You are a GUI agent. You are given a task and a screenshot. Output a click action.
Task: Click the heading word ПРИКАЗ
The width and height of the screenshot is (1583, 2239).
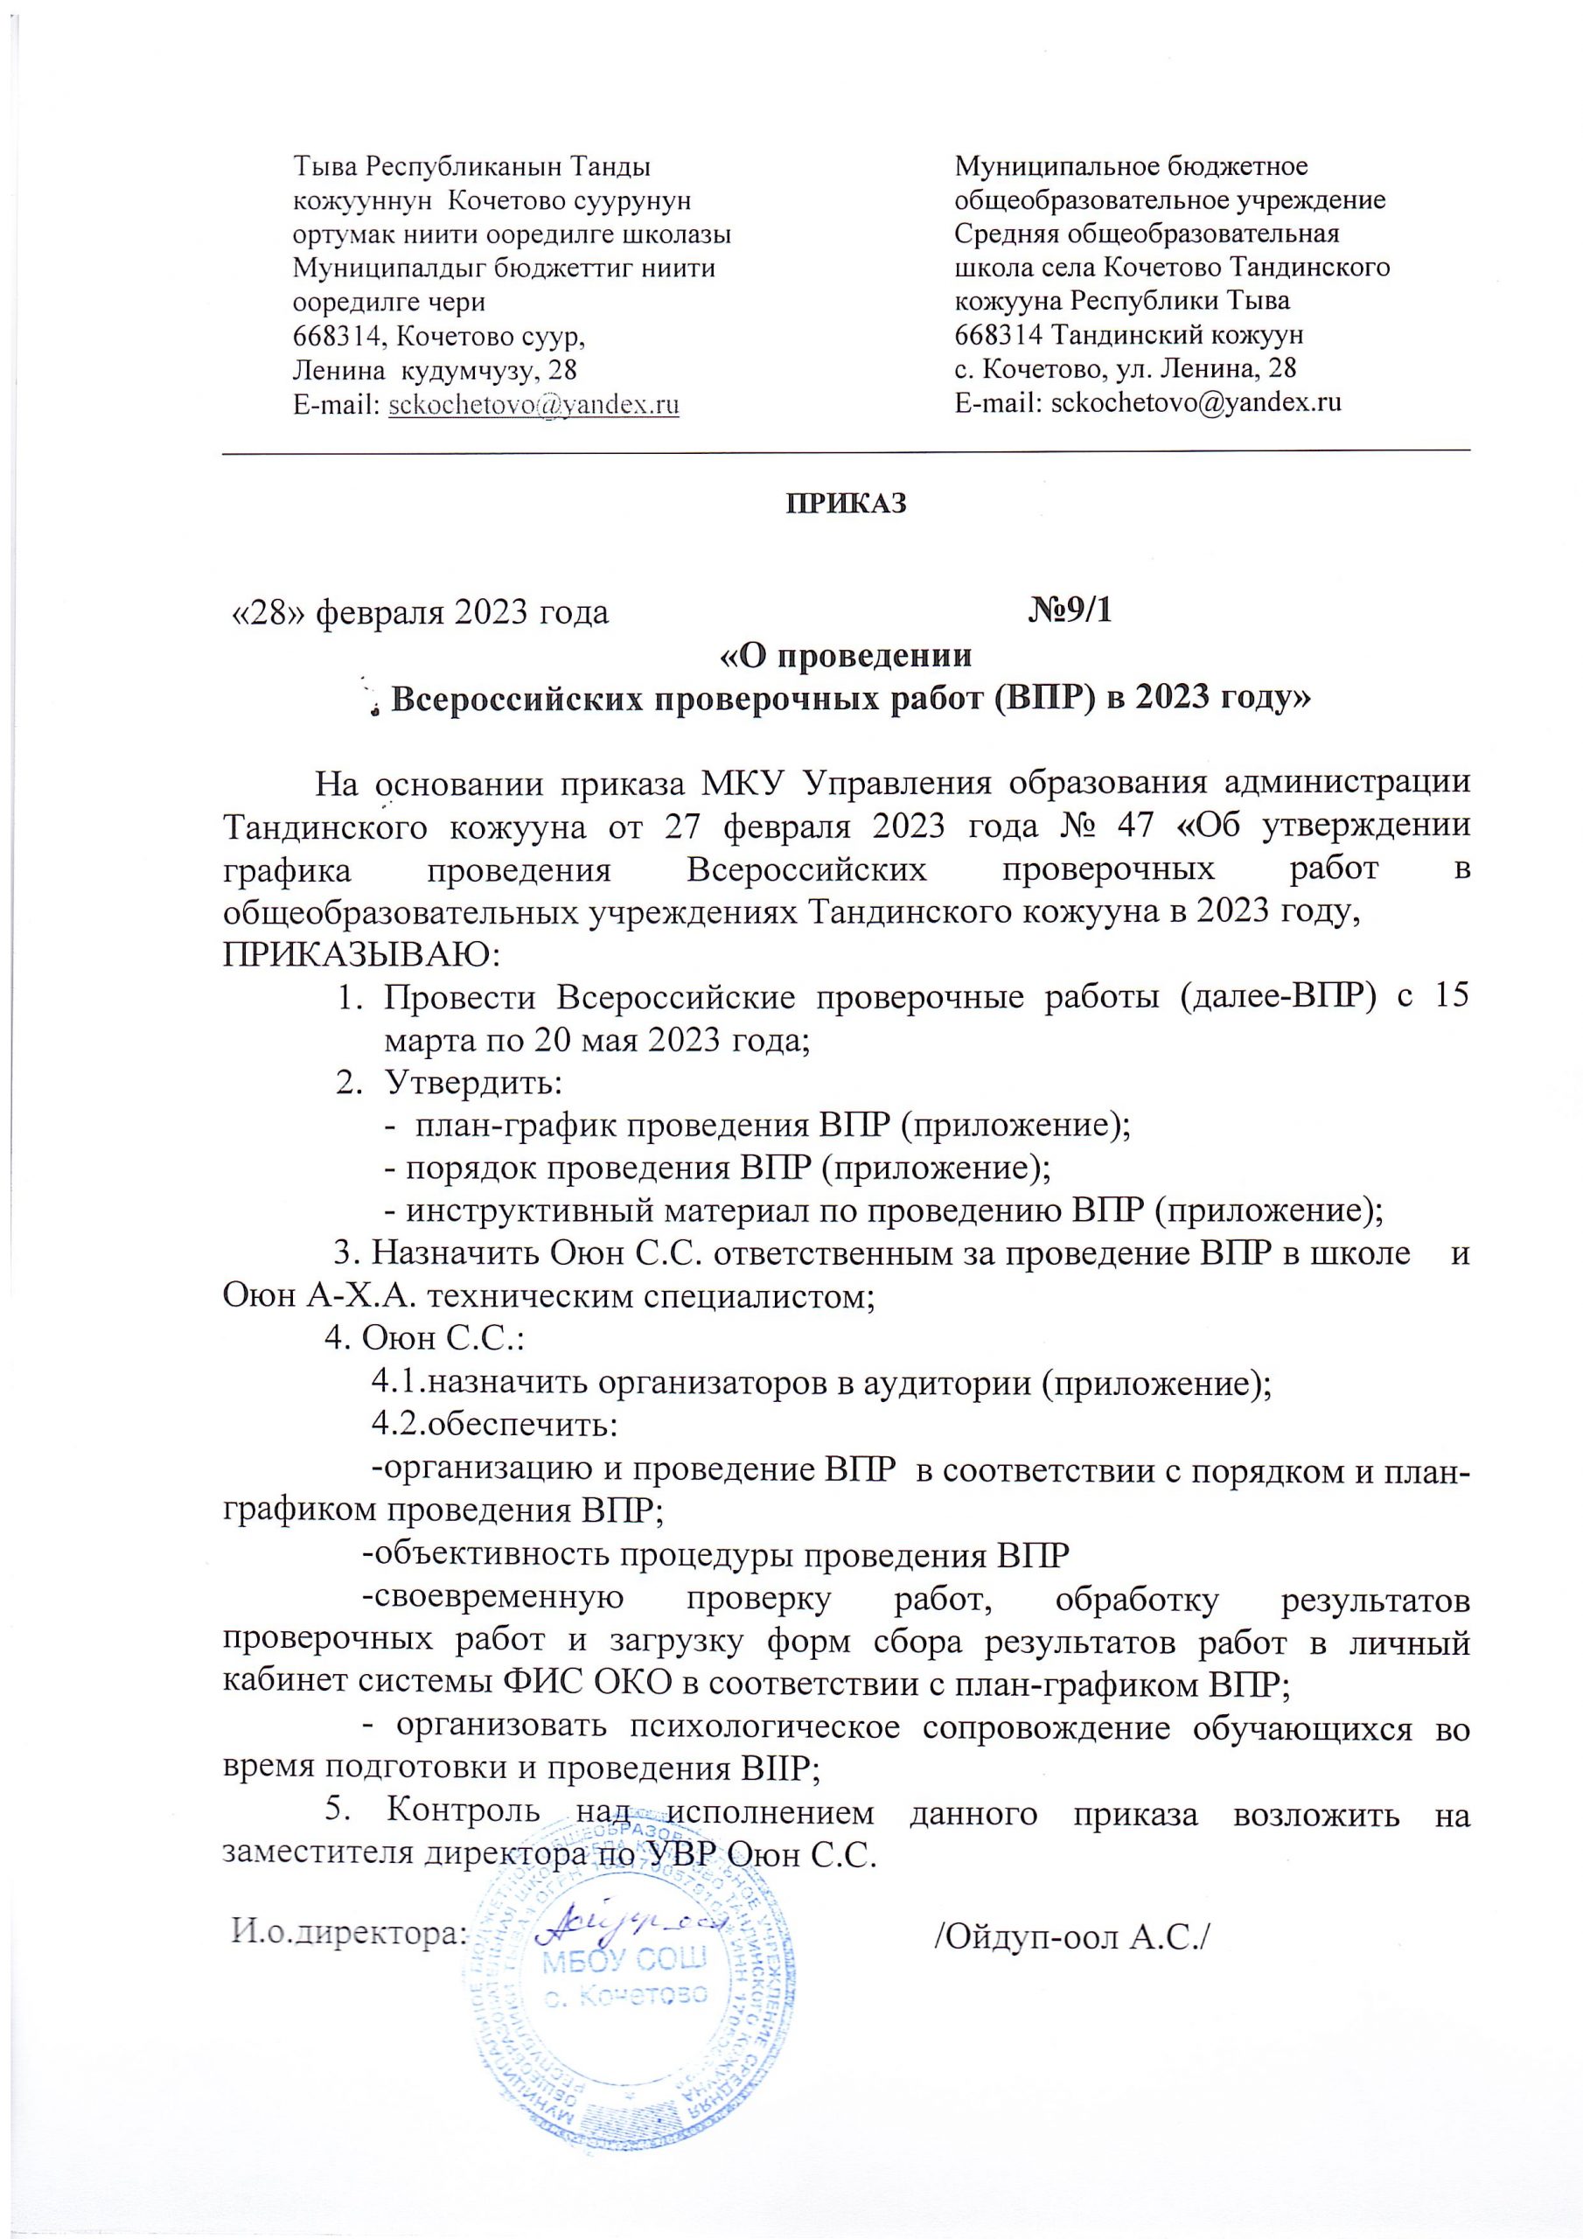[847, 503]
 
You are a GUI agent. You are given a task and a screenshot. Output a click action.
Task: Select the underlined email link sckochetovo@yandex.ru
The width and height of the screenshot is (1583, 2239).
[533, 405]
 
